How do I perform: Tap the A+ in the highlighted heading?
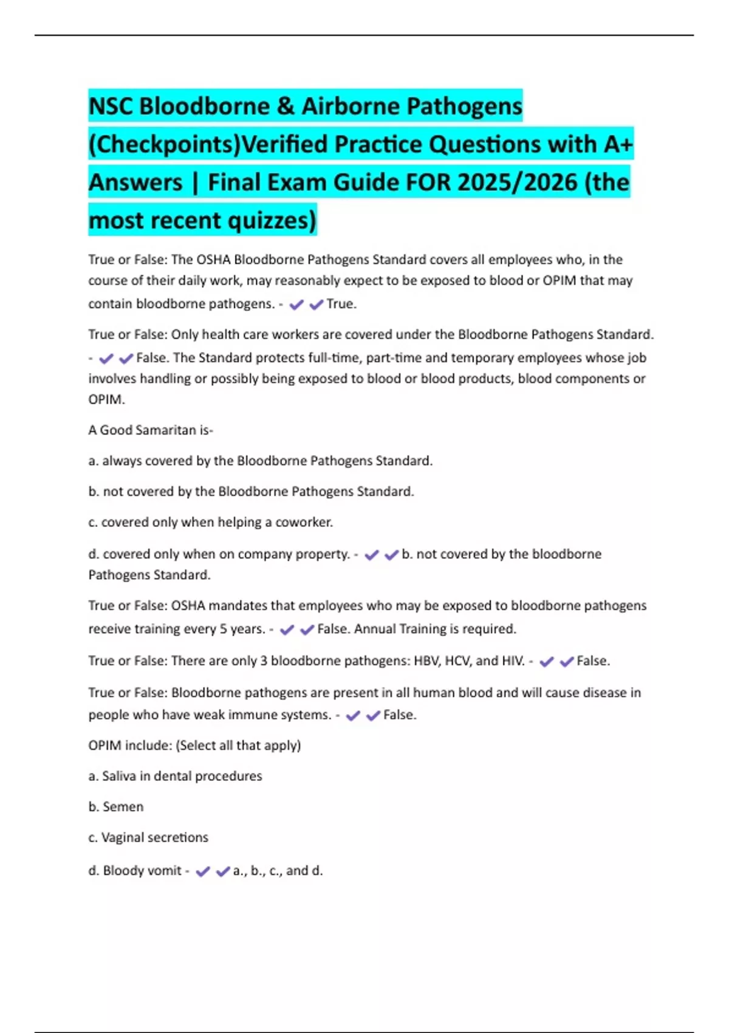618,145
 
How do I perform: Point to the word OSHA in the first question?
213,260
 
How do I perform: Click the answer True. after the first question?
341,304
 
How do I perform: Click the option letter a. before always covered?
94,461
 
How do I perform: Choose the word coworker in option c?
304,523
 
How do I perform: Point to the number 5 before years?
223,629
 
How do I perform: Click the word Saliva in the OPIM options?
119,776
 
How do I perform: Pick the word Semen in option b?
123,807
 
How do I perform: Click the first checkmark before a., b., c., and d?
203,871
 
